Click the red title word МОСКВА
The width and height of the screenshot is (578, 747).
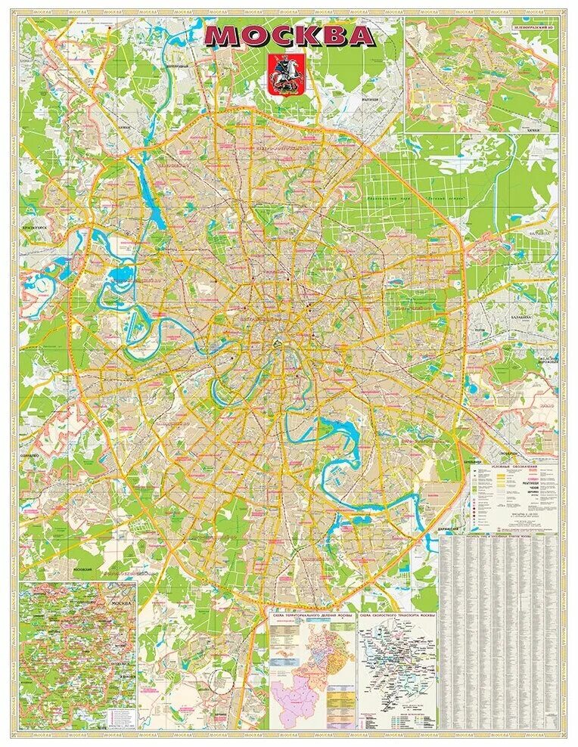290,36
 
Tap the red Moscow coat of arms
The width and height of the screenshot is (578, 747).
281,75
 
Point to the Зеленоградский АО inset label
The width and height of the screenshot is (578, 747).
536,27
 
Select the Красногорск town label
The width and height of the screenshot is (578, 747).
35,226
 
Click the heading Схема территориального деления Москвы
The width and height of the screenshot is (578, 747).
312,616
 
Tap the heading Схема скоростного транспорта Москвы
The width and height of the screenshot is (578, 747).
397,616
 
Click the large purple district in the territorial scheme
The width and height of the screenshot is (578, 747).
291,696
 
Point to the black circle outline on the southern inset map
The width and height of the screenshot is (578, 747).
220,681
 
